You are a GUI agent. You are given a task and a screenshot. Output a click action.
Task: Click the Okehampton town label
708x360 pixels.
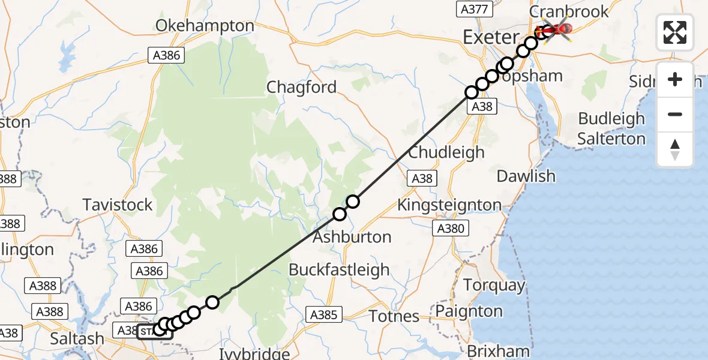(x=205, y=26)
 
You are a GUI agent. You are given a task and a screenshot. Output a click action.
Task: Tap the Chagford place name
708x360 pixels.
(x=302, y=88)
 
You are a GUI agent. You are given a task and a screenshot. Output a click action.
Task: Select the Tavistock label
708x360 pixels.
(x=118, y=205)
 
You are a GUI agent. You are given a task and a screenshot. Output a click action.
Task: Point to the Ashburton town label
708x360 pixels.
(x=352, y=236)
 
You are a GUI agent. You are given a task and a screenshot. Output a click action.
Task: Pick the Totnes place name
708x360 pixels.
(x=394, y=316)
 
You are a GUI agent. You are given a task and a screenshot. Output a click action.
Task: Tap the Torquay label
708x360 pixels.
(x=496, y=285)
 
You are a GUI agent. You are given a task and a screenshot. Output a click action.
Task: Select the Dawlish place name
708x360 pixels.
(x=526, y=176)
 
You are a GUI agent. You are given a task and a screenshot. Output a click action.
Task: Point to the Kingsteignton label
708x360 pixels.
(x=449, y=205)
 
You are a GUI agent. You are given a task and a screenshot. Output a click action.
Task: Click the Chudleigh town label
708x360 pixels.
(x=446, y=152)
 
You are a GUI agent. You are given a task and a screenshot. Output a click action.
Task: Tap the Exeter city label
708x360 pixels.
(x=490, y=38)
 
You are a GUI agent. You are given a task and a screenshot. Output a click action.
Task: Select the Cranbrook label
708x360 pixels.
(x=569, y=11)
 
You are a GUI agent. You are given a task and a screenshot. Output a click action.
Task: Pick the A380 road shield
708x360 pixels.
(x=451, y=229)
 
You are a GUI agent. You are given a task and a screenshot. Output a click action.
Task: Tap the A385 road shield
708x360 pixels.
(x=325, y=314)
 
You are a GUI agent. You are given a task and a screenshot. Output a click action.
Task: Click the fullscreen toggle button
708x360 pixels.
(x=675, y=32)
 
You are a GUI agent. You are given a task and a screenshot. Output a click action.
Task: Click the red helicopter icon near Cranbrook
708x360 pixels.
(x=556, y=29)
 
